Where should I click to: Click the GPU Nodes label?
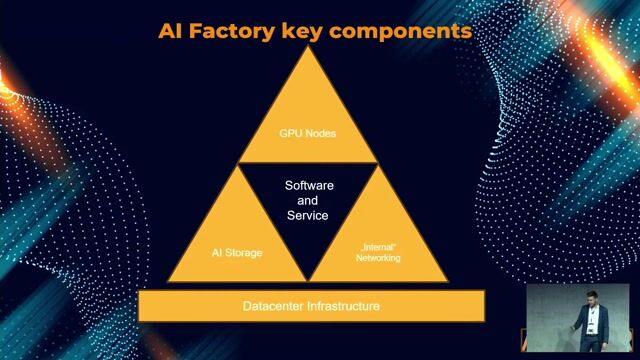tap(307, 131)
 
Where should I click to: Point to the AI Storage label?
tap(237, 253)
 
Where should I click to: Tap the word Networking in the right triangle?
tap(378, 258)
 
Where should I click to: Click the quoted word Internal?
tap(378, 247)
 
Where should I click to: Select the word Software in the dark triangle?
tap(309, 187)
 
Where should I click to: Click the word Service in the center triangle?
tap(308, 216)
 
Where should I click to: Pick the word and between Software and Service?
tap(308, 201)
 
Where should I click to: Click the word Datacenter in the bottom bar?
tap(276, 305)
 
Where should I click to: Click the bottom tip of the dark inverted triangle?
tap(308, 278)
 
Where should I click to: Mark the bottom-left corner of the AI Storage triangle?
tap(167, 281)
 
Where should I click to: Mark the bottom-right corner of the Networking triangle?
tap(449, 281)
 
